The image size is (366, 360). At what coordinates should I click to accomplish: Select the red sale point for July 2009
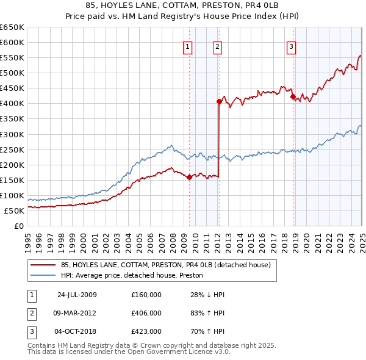coord(189,177)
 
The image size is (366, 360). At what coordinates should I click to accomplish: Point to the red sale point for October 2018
coord(293,96)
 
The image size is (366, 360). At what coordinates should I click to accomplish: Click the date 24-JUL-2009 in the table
coord(76,295)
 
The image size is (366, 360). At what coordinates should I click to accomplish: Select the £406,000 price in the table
coord(146,313)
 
